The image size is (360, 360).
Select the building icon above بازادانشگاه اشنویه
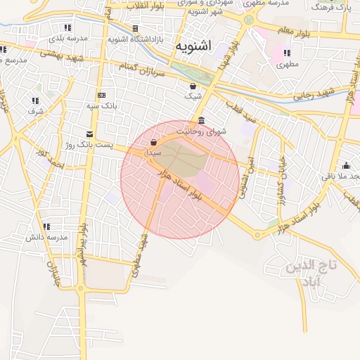point(135,29)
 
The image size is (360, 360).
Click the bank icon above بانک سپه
point(102,95)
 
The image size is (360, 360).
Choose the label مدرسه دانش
point(46,237)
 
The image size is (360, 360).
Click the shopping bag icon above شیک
point(193,86)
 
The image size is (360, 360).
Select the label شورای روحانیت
point(202,131)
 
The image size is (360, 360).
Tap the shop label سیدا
point(153,152)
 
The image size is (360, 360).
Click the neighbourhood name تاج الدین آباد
point(310,274)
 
